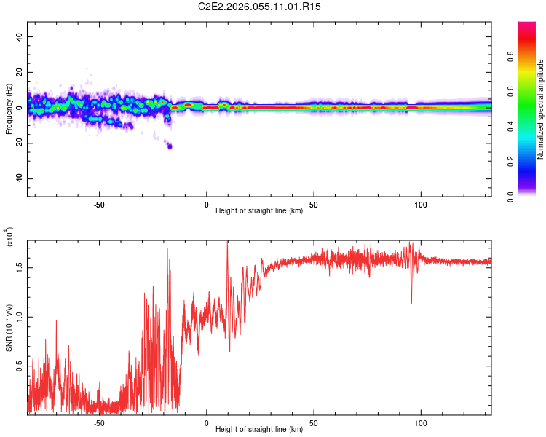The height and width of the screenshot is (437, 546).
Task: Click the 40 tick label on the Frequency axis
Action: click(20, 37)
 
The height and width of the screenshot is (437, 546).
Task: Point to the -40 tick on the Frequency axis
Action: click(20, 178)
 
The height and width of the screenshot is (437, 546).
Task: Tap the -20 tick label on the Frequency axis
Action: click(20, 143)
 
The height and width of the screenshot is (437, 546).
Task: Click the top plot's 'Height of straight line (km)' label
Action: click(259, 211)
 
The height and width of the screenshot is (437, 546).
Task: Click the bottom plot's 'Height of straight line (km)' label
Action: click(259, 429)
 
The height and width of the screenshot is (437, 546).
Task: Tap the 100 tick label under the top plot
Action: click(420, 204)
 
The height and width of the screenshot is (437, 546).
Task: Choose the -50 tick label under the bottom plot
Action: click(99, 422)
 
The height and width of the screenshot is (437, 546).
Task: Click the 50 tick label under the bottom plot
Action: click(313, 422)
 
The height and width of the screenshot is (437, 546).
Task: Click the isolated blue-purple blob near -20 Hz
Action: click(170, 146)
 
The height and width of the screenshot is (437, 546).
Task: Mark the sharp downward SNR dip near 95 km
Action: click(411, 302)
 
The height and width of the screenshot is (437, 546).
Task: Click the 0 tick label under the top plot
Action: click(207, 204)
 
